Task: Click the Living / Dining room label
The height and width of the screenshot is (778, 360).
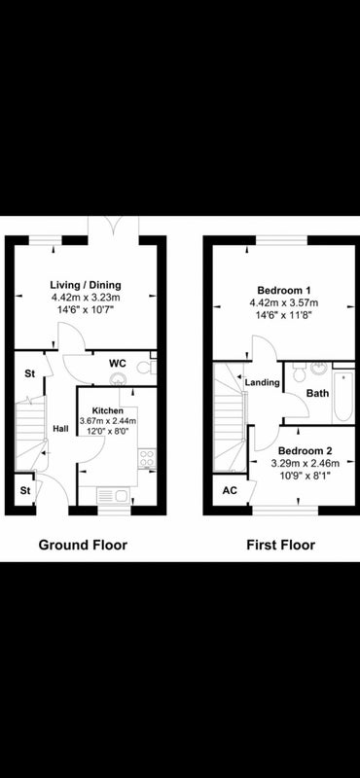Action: (x=86, y=285)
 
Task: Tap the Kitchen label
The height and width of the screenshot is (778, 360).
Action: (x=108, y=410)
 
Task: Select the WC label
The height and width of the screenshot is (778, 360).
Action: (x=118, y=363)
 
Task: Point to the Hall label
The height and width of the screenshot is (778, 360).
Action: (x=60, y=429)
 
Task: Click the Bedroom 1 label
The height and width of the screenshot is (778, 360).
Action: (x=284, y=290)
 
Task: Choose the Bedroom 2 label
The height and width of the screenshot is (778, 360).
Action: (x=305, y=451)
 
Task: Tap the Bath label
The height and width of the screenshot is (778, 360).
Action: (x=317, y=394)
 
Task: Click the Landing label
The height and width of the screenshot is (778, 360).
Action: (x=262, y=383)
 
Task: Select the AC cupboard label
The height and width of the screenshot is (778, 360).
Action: (x=230, y=491)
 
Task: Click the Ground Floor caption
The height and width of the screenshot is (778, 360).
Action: (x=83, y=546)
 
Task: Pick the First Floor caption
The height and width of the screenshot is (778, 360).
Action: (x=280, y=546)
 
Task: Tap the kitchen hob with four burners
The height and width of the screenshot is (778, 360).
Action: (x=147, y=458)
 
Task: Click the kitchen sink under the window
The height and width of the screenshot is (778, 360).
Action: (x=112, y=495)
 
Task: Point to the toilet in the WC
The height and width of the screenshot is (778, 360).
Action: (x=148, y=368)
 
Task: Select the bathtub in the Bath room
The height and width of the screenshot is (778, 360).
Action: (x=343, y=397)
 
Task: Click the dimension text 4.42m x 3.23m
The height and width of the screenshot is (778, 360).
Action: (x=86, y=299)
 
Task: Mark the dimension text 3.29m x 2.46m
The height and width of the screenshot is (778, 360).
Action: (x=306, y=464)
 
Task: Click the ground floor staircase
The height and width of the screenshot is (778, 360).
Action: (x=30, y=437)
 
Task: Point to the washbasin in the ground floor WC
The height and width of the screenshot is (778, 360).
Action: (x=118, y=379)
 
